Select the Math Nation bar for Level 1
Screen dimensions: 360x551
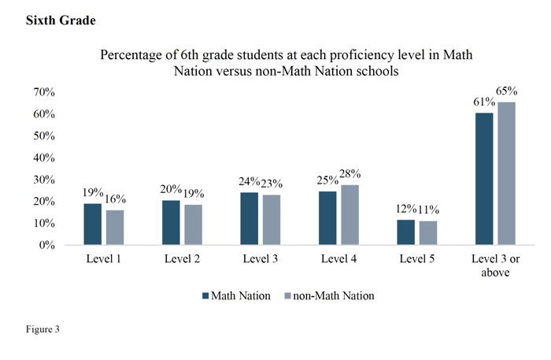(x=93, y=225)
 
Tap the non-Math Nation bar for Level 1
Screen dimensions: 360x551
(x=115, y=228)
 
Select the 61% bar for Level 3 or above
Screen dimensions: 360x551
(x=484, y=179)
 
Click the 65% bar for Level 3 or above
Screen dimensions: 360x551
(x=505, y=174)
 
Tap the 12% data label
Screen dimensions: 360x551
(x=406, y=210)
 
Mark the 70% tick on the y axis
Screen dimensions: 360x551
(x=41, y=92)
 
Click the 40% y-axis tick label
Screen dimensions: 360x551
(x=41, y=158)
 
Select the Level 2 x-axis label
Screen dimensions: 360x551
(x=182, y=259)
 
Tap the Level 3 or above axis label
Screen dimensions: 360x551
(x=494, y=266)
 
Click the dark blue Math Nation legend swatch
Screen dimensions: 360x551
(x=206, y=296)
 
